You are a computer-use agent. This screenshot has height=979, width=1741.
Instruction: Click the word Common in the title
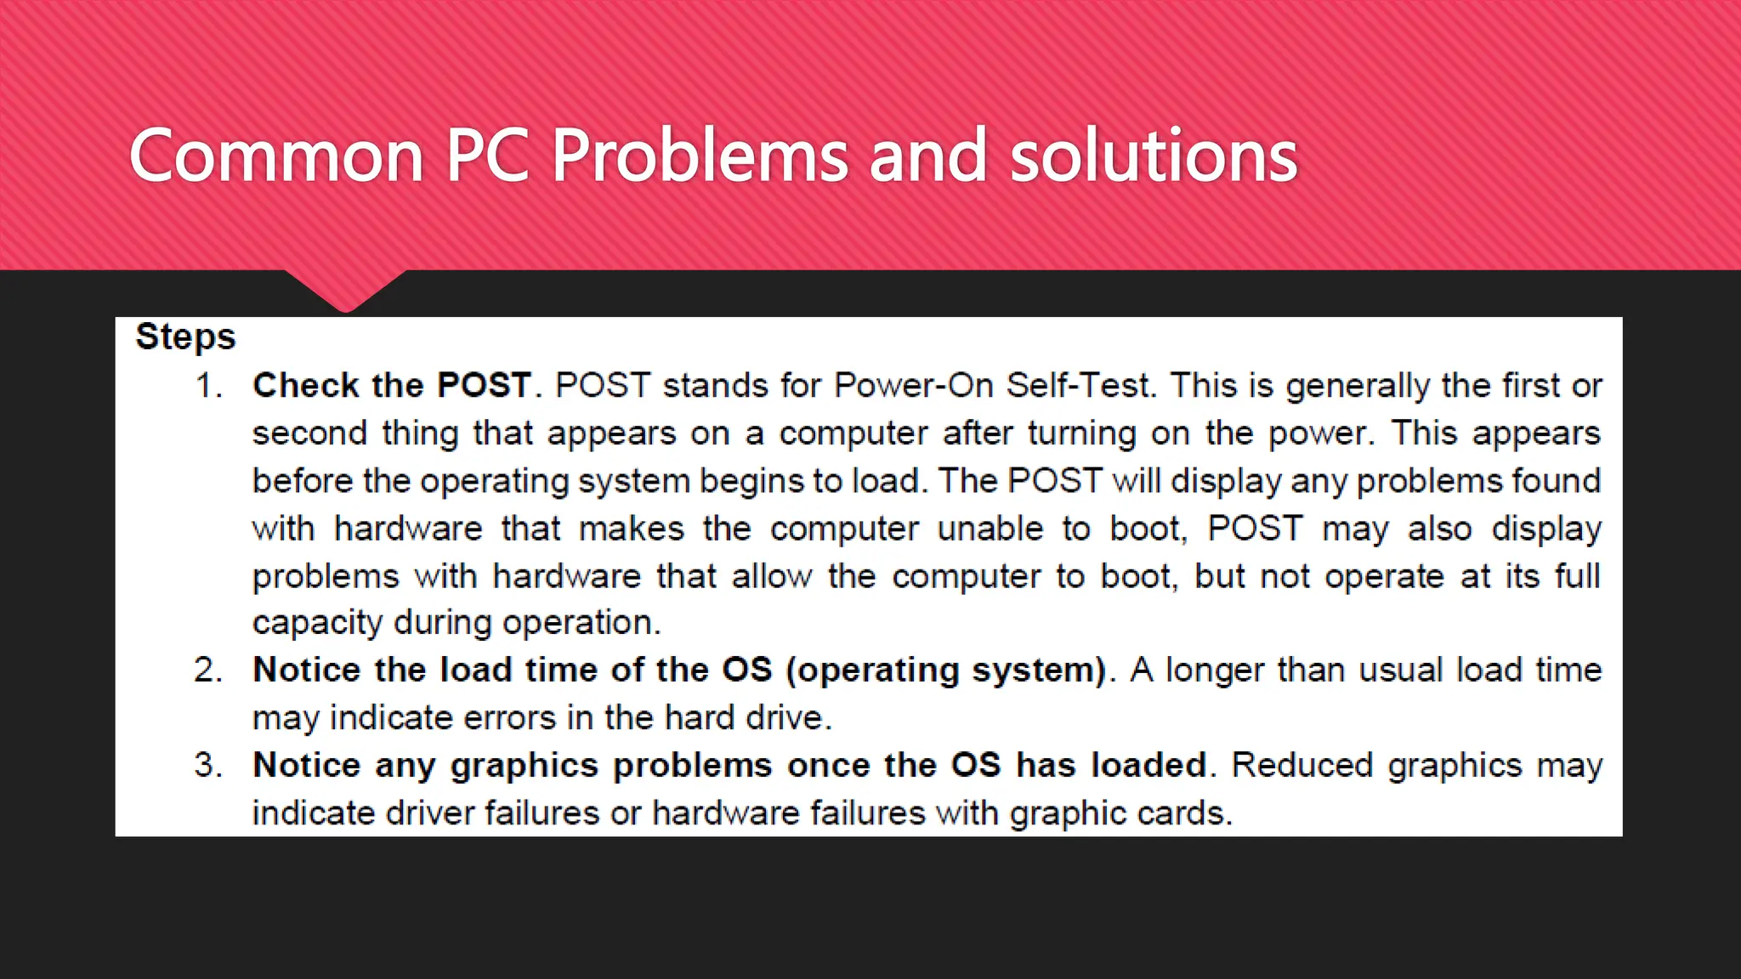[x=276, y=156]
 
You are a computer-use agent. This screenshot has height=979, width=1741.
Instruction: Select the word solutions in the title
[x=1154, y=156]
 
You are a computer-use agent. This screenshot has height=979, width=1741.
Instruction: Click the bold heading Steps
[x=185, y=337]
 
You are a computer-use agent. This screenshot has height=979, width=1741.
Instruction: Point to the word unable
[x=990, y=529]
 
